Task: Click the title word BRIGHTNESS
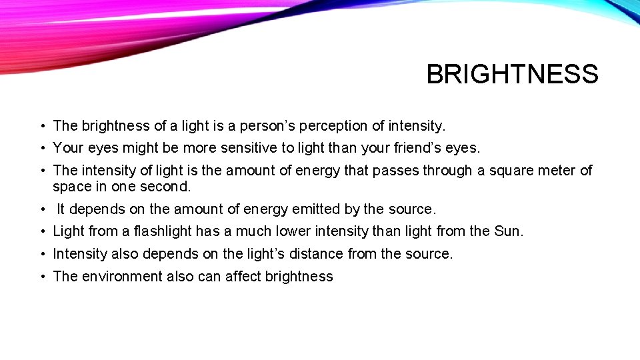click(x=512, y=74)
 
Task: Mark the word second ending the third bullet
click(x=165, y=187)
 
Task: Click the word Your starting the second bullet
click(x=66, y=147)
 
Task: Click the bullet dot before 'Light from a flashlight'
click(x=42, y=232)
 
